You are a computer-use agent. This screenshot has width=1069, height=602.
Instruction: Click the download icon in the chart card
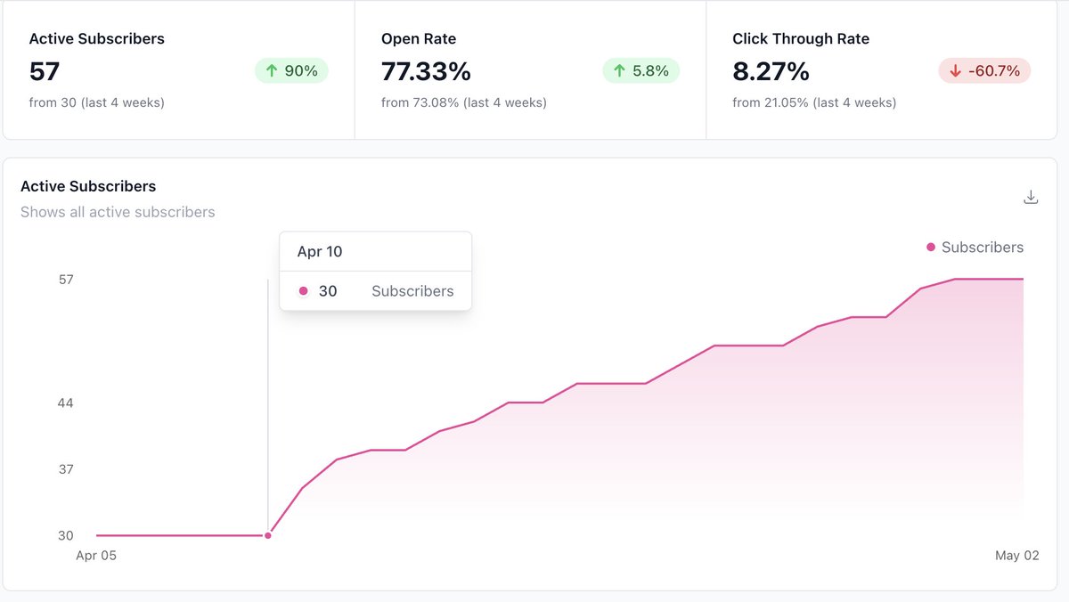tap(1031, 197)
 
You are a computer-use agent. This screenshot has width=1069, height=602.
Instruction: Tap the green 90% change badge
tap(291, 71)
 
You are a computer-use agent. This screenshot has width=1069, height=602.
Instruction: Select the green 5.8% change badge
tap(641, 71)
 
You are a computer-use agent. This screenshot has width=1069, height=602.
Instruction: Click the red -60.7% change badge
tap(984, 71)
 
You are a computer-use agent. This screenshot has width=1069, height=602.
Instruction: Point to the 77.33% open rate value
tap(426, 71)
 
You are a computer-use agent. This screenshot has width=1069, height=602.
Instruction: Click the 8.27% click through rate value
tap(771, 71)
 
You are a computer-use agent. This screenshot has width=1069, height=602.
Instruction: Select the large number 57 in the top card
tap(45, 71)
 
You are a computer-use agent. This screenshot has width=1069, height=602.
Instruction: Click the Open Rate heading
tap(418, 39)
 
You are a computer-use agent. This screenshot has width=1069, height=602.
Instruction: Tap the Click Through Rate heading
tap(800, 39)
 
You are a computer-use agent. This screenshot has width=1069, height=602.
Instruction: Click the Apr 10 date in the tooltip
tap(320, 252)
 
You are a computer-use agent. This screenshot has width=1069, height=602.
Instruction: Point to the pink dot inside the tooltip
tap(304, 291)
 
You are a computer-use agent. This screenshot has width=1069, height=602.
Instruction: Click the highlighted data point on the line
tap(267, 535)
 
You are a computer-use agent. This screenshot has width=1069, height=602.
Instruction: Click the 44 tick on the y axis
tap(65, 403)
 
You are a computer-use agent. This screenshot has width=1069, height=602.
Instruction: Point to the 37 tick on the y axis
tap(65, 469)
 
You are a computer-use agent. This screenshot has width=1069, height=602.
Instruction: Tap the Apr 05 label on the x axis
tap(96, 556)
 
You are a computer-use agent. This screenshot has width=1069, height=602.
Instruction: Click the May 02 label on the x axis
tap(1016, 556)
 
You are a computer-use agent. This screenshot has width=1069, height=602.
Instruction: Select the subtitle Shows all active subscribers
tap(118, 212)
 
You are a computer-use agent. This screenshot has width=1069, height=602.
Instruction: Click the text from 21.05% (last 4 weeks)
tap(813, 102)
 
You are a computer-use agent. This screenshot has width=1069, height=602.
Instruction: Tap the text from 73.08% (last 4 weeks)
tap(463, 102)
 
